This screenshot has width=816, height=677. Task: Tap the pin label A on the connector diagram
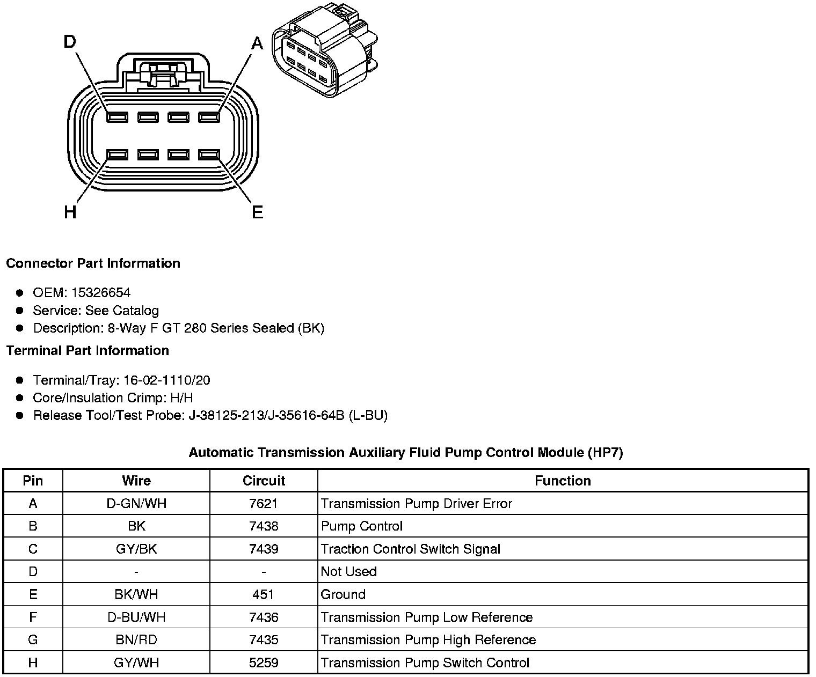click(x=258, y=43)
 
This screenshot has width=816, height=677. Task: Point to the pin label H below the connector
click(x=70, y=212)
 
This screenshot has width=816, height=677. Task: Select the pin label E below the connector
click(x=258, y=212)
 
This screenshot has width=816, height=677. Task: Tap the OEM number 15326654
click(x=101, y=292)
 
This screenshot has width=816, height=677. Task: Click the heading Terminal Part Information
click(x=88, y=350)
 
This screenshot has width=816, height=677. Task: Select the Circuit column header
click(x=264, y=481)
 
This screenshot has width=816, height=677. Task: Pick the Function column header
click(x=563, y=481)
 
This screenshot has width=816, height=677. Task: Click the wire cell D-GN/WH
click(x=136, y=504)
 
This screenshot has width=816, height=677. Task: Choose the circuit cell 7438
click(x=264, y=526)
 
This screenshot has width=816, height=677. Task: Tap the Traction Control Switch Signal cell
click(x=411, y=549)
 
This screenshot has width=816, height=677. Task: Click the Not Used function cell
click(x=349, y=572)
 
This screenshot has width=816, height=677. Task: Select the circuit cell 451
click(x=264, y=594)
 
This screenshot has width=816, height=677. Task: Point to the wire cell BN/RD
click(x=136, y=640)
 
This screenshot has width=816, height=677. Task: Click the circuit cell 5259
click(x=264, y=663)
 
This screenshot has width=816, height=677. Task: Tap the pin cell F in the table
click(x=33, y=617)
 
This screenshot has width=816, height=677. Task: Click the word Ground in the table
click(x=343, y=594)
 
